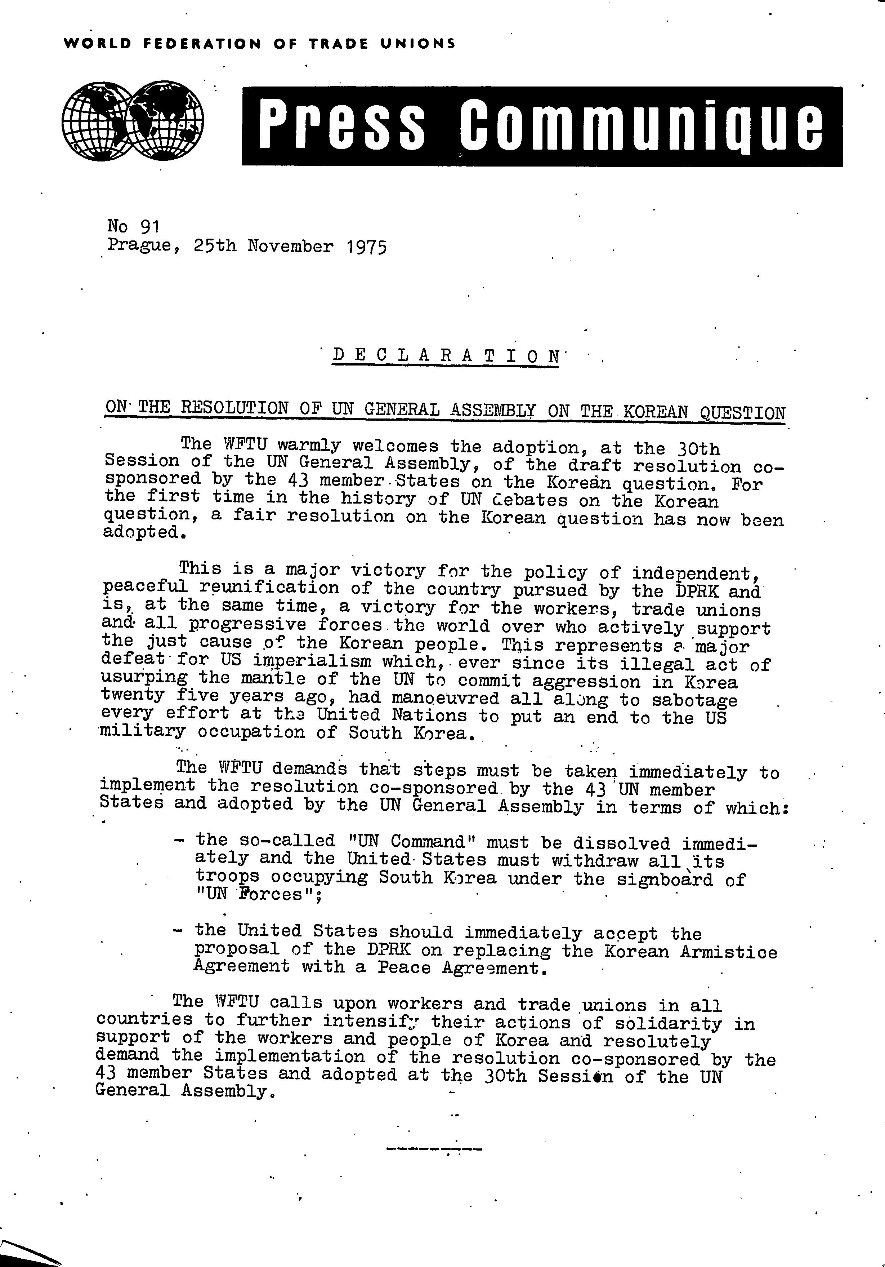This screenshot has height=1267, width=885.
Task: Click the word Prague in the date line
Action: point(140,245)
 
